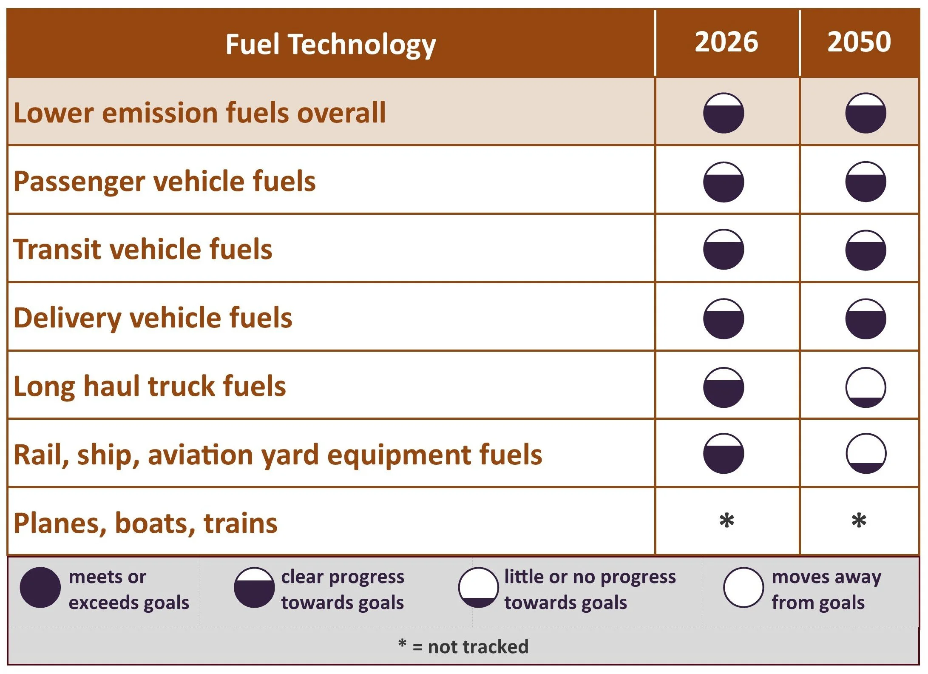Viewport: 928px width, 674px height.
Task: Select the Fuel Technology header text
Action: (x=331, y=45)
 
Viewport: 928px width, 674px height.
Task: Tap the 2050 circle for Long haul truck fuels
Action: (x=866, y=387)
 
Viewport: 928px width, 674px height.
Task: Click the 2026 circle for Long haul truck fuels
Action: (x=724, y=387)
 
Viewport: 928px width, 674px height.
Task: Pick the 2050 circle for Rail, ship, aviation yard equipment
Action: (x=866, y=453)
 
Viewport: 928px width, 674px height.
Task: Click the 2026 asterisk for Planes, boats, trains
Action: (x=727, y=520)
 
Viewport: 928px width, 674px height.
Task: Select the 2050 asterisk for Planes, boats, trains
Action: (x=859, y=520)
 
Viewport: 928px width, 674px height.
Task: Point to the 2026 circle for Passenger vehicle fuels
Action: (x=724, y=182)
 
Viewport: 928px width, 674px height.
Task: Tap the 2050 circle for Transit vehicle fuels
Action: (x=866, y=250)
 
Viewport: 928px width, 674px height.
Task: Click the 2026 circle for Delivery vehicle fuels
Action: (x=724, y=319)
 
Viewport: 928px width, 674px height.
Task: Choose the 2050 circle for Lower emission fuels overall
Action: (x=866, y=113)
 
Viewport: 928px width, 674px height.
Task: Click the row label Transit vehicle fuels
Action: (x=143, y=249)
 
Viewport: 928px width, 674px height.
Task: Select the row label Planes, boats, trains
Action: (x=145, y=523)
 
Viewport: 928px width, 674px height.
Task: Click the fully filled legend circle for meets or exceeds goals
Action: (x=40, y=587)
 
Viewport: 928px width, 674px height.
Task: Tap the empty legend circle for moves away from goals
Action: (x=744, y=587)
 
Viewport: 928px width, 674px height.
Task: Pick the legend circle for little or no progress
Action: (x=478, y=587)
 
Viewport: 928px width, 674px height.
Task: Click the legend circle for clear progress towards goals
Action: (x=254, y=587)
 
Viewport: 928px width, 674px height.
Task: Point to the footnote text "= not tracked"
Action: (x=470, y=647)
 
